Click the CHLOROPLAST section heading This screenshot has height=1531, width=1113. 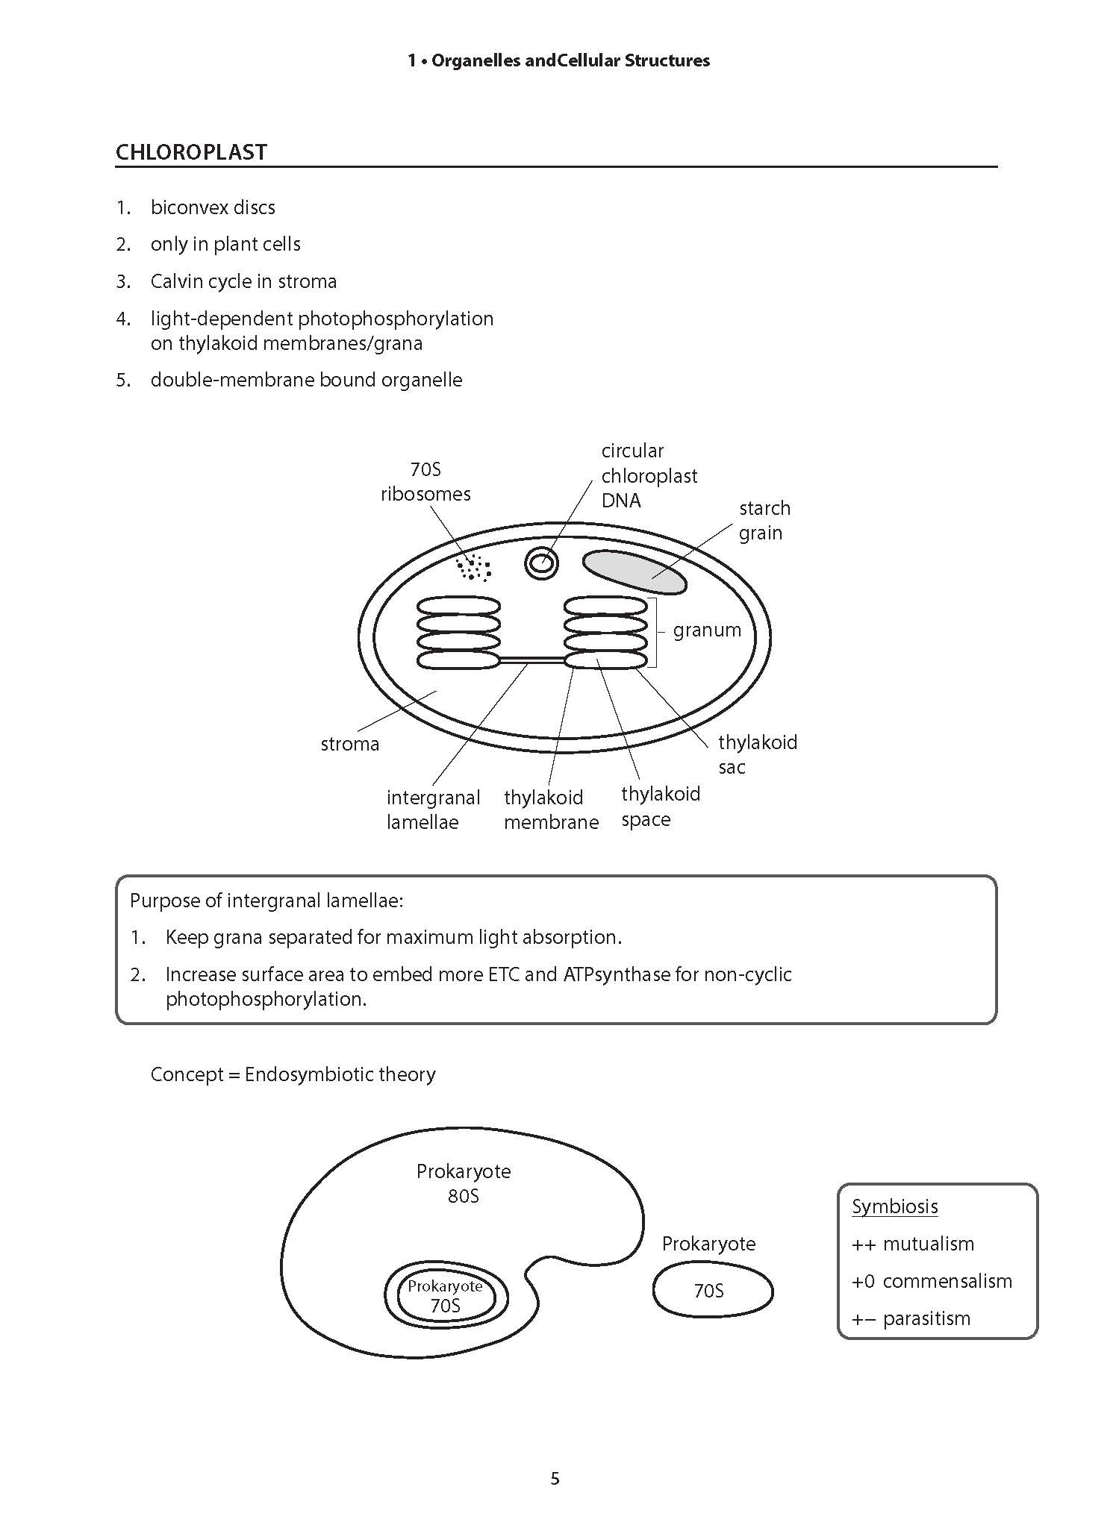191,152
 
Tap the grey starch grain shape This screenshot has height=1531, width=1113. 634,572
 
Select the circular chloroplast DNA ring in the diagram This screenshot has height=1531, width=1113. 542,563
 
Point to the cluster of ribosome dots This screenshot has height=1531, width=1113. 473,569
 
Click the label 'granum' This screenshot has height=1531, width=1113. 707,630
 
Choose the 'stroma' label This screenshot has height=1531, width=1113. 350,744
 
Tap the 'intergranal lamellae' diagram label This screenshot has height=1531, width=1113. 433,810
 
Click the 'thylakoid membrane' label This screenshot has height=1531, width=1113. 551,810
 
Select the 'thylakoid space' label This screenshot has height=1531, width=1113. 661,807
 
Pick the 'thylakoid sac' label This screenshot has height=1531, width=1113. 757,754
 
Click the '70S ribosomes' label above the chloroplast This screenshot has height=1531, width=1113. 425,481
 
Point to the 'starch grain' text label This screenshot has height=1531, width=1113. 764,520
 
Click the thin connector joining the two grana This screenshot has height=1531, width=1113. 531,660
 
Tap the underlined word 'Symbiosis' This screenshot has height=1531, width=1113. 894,1206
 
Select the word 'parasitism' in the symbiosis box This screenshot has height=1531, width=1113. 926,1318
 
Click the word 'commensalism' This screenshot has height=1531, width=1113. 947,1281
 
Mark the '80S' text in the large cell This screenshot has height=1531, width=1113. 464,1196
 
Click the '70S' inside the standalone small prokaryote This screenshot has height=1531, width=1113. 708,1291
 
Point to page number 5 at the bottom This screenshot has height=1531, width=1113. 555,1478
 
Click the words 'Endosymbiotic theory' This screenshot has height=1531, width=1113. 340,1074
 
